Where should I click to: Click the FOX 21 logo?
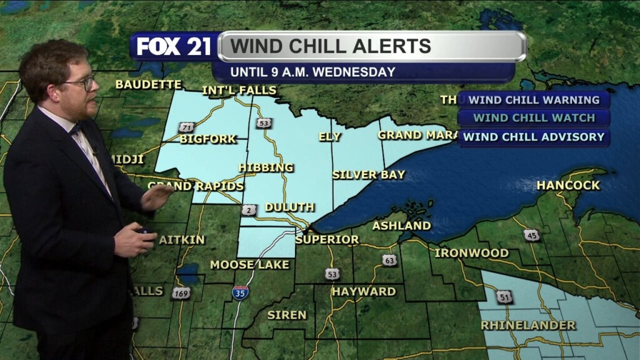coord(174,46)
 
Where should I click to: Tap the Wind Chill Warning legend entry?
coord(534,100)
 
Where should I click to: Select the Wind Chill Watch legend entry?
coord(534,118)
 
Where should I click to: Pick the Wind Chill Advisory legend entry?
coord(534,137)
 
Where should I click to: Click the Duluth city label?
coord(289,207)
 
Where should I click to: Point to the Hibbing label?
coord(266,167)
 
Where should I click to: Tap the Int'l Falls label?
coord(239,91)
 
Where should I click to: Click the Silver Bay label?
coord(369,174)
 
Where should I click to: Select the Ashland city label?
coord(402,225)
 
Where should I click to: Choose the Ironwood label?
coord(471,253)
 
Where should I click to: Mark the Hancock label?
coord(568,185)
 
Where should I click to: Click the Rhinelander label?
coord(528,325)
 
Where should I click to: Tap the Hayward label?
coord(364,291)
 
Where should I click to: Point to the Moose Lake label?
coord(249,264)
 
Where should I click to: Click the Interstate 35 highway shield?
coord(239,292)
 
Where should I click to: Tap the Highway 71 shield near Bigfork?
coord(186,127)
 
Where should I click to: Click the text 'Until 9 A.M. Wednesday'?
coord(312,72)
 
